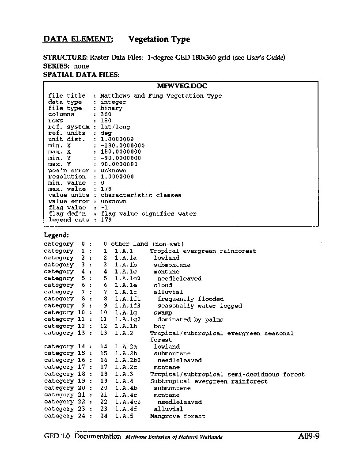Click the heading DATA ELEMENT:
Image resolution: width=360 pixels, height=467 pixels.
pyautogui.click(x=78, y=39)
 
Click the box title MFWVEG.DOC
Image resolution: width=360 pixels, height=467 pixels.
pyautogui.click(x=182, y=86)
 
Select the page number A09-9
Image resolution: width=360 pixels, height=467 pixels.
pyautogui.click(x=308, y=437)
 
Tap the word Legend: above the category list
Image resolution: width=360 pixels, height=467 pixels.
pyautogui.click(x=56, y=235)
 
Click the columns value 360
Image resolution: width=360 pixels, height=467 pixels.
pyautogui.click(x=106, y=114)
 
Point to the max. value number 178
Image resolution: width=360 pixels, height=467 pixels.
pyautogui.click(x=106, y=189)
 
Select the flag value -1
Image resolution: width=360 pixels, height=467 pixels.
pyautogui.click(x=104, y=208)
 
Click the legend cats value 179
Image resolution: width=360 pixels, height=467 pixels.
pyautogui.click(x=106, y=220)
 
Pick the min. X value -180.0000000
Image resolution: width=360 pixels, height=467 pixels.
pyautogui.click(x=122, y=145)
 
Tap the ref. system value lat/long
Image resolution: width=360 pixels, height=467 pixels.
pyautogui.click(x=115, y=127)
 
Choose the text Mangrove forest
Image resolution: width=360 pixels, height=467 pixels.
pyautogui.click(x=178, y=416)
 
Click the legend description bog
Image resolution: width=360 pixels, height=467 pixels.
pyautogui.click(x=159, y=327)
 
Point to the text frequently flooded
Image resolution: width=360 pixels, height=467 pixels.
pyautogui.click(x=190, y=299)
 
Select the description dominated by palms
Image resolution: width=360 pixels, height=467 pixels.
pyautogui.click(x=190, y=319)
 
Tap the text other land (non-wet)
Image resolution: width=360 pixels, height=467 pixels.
pyautogui.click(x=148, y=244)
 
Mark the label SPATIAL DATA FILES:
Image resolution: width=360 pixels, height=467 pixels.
pyautogui.click(x=81, y=75)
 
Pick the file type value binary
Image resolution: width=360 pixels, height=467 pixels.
pyautogui.click(x=111, y=108)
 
